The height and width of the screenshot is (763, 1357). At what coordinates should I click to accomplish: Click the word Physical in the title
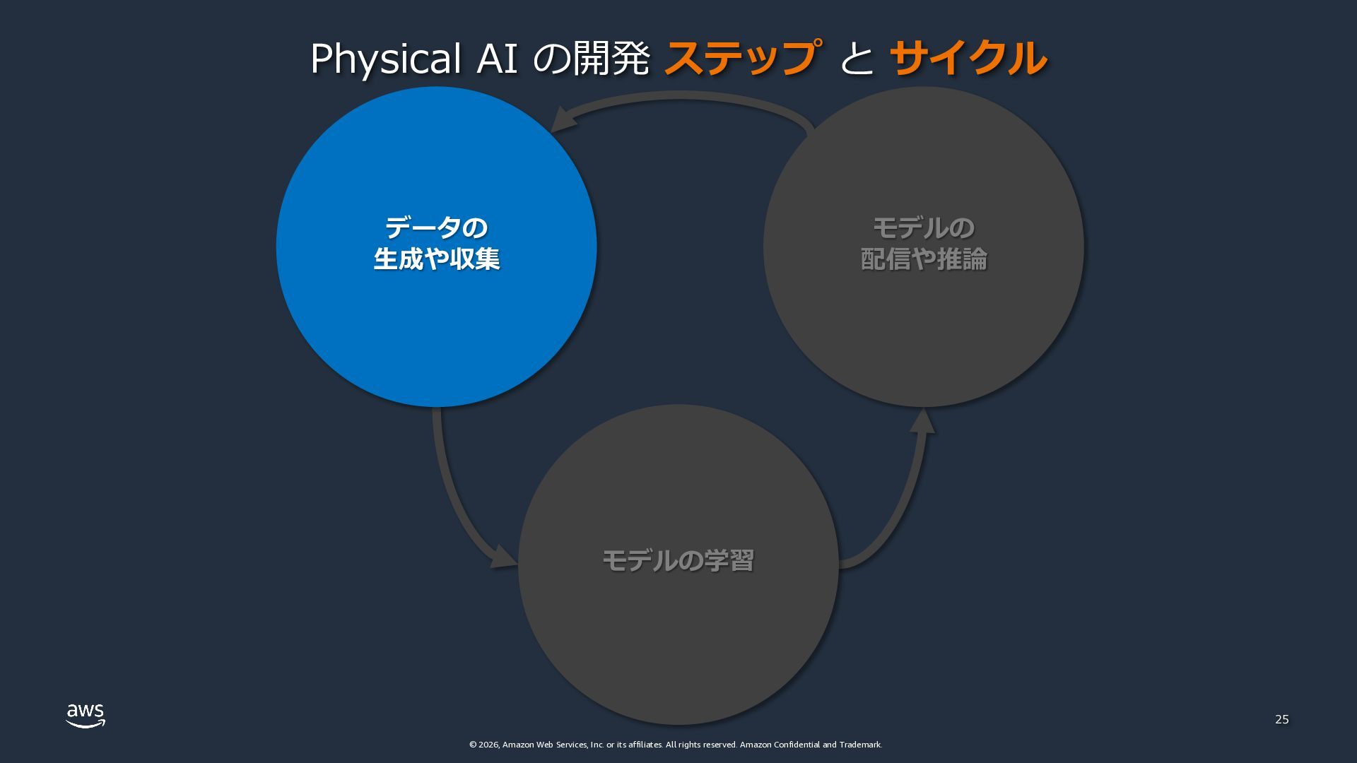(x=386, y=59)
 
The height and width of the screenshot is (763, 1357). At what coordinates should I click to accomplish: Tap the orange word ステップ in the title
(x=743, y=58)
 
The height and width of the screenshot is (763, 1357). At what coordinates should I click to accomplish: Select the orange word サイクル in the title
(x=968, y=58)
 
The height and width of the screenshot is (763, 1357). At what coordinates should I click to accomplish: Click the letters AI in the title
(x=498, y=59)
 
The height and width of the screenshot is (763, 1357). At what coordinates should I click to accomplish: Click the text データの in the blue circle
(x=436, y=228)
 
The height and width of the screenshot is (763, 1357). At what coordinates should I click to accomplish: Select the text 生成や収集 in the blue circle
(x=436, y=259)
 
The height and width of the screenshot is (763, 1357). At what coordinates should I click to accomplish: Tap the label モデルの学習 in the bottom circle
(x=678, y=561)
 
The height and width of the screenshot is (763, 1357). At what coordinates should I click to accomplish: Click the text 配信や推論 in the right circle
(x=923, y=259)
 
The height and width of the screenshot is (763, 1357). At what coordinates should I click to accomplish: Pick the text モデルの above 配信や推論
(x=923, y=228)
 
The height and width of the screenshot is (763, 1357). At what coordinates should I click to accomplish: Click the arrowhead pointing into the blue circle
(x=563, y=119)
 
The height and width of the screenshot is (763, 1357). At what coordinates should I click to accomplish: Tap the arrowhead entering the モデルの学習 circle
(x=504, y=557)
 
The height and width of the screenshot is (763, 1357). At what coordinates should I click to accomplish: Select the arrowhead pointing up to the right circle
(x=922, y=422)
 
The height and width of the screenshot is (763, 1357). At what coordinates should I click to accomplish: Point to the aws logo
(x=86, y=715)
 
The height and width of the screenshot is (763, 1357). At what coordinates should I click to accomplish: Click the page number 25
(x=1281, y=719)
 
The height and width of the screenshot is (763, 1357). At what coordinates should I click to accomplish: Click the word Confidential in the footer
(x=797, y=745)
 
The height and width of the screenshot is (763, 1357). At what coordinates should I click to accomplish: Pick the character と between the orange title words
(x=856, y=59)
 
